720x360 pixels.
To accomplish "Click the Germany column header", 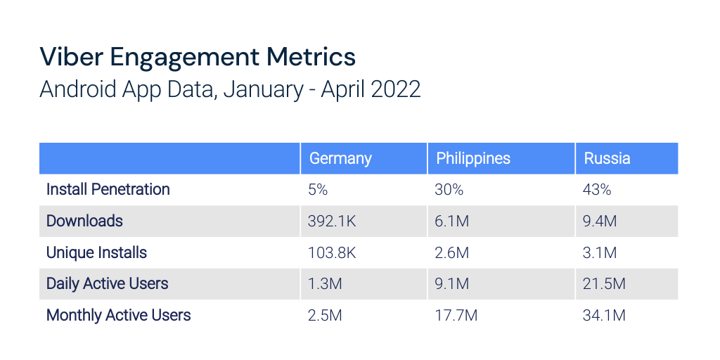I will click(340, 158).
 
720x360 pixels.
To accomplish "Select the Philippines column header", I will click(473, 158).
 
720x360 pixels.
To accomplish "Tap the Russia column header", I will click(607, 158).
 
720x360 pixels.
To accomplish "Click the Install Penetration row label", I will click(108, 189).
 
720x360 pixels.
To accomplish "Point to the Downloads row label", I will click(84, 221).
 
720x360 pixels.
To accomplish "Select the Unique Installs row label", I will click(96, 252).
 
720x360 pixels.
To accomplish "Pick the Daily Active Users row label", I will click(108, 283).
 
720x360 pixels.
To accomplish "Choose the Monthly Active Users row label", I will click(119, 315).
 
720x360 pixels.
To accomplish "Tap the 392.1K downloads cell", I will click(332, 221).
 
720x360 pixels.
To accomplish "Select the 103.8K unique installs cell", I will click(332, 252).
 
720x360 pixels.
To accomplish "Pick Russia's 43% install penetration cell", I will click(598, 190).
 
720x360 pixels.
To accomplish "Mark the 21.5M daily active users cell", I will click(604, 284).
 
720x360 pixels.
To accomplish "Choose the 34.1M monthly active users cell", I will click(604, 315).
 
